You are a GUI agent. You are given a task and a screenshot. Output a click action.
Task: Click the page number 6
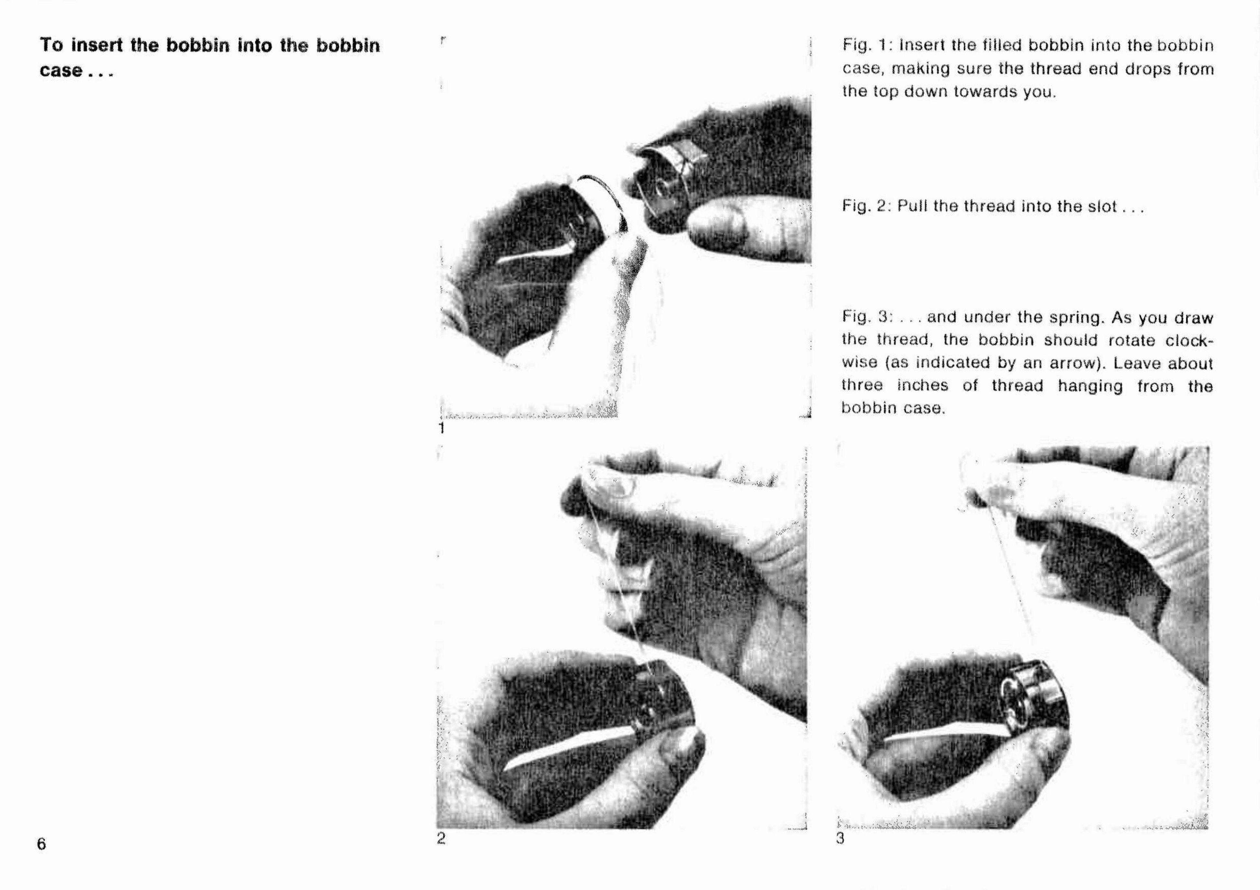pos(42,843)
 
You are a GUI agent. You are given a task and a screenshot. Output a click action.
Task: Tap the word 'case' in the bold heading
pos(60,71)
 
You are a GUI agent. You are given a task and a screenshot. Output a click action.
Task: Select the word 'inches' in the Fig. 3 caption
pos(922,386)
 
